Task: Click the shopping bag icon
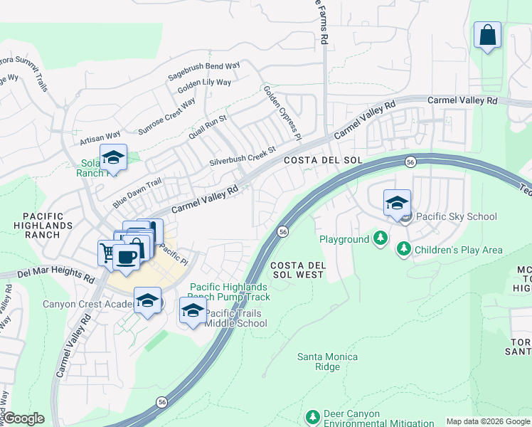point(487,35)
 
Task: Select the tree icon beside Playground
point(381,238)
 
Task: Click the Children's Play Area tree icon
point(404,249)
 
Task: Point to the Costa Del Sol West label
point(299,270)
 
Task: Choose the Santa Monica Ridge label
point(327,362)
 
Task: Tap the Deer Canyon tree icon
point(312,416)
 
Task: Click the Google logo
point(23,418)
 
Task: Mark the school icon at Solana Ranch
point(113,157)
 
